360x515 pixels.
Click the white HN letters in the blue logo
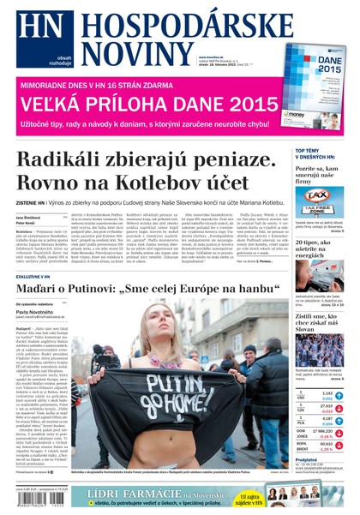pos(33,32)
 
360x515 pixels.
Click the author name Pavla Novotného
pos(36,313)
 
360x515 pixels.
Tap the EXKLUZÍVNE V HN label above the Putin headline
pos(34,278)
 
